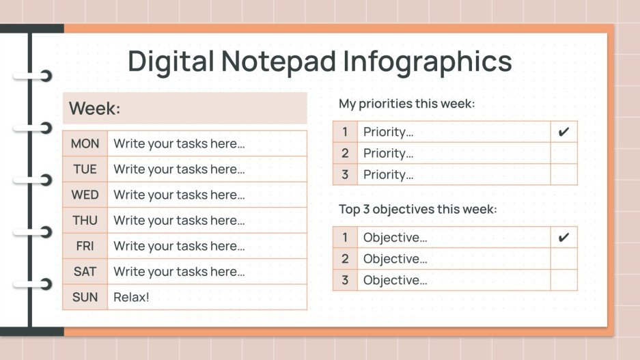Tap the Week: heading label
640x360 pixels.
tap(95, 109)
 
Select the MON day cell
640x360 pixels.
tap(85, 143)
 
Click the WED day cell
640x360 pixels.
tap(85, 195)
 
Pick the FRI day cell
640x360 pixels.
tap(85, 246)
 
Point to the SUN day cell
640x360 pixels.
tap(85, 297)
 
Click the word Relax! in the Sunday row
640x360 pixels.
tap(131, 297)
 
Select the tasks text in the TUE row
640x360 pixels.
tap(179, 169)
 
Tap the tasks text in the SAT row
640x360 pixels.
tap(179, 271)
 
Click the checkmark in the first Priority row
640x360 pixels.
tap(564, 132)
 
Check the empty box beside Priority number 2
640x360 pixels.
tap(564, 153)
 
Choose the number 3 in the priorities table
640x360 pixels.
tap(345, 175)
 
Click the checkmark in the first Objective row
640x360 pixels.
tap(564, 238)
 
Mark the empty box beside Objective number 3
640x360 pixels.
tap(564, 280)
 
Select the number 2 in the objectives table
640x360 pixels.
tap(345, 259)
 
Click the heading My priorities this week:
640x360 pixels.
tap(406, 104)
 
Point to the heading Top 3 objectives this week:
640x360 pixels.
tap(418, 209)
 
